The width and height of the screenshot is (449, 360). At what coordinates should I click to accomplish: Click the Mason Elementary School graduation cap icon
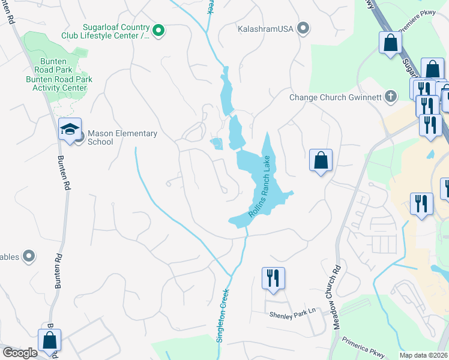(70, 129)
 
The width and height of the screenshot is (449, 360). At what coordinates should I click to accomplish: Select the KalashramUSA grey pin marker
(303, 28)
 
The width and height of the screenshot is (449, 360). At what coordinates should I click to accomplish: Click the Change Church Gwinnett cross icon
(390, 97)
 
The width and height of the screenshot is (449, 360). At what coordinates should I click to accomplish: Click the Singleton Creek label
(224, 314)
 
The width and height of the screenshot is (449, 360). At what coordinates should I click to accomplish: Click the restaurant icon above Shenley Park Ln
(273, 278)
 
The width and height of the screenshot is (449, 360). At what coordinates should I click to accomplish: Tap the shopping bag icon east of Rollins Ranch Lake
(321, 160)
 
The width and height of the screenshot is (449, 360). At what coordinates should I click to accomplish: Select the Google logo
(19, 353)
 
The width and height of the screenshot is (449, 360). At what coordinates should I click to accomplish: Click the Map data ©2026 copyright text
(423, 355)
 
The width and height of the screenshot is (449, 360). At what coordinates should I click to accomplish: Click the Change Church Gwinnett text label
(336, 97)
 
